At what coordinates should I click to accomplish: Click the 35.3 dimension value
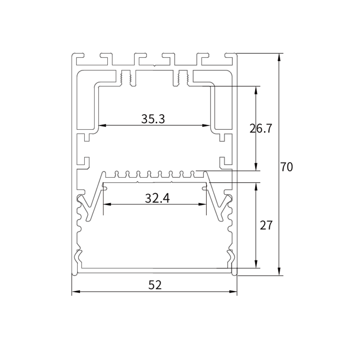pyautogui.click(x=153, y=119)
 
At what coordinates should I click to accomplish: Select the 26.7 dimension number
pyautogui.click(x=261, y=128)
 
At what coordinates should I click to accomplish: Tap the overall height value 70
pyautogui.click(x=286, y=167)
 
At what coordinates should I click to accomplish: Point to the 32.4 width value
pyautogui.click(x=157, y=198)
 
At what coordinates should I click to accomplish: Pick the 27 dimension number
pyautogui.click(x=266, y=225)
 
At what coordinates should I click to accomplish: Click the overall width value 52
pyautogui.click(x=155, y=285)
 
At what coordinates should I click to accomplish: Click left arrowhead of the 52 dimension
pyautogui.click(x=76, y=291)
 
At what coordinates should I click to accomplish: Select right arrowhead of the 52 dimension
pyautogui.click(x=233, y=291)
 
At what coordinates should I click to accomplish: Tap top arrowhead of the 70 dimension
pyautogui.click(x=279, y=57)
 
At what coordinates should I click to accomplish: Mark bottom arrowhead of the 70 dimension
pyautogui.click(x=279, y=271)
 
